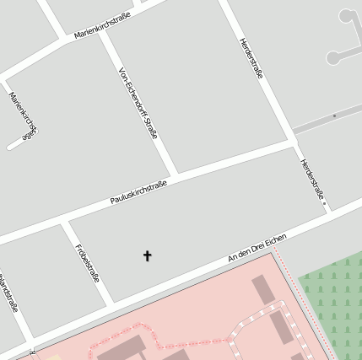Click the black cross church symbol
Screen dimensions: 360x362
[x=147, y=255]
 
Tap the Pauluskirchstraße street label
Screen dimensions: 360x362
[x=138, y=193]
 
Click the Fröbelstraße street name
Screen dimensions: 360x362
[x=88, y=264]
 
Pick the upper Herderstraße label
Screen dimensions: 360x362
[x=251, y=56]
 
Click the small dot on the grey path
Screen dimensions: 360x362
[x=335, y=116]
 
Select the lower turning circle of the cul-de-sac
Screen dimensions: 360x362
[x=332, y=58]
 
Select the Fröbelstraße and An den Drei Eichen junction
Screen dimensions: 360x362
[x=111, y=301]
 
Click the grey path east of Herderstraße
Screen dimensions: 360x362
[x=329, y=118]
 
